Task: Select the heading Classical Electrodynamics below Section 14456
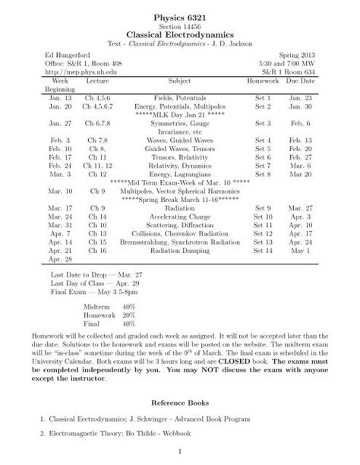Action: click(x=179, y=34)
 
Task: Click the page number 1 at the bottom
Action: click(x=180, y=454)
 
